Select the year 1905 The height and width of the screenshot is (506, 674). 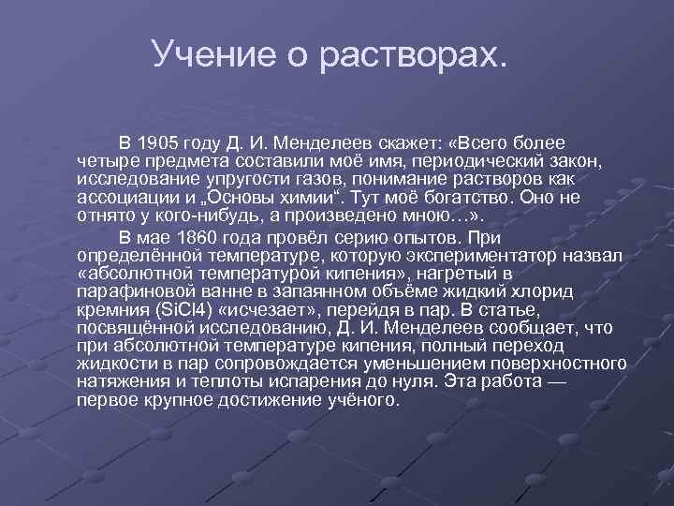[x=159, y=143]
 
